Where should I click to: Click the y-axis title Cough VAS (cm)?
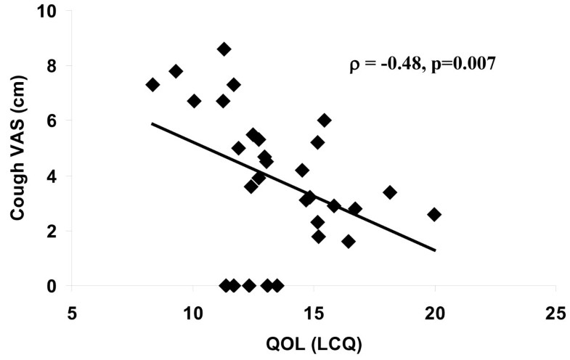tap(16, 150)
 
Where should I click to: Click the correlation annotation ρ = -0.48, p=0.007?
tap(423, 65)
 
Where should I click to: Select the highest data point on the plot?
tap(224, 49)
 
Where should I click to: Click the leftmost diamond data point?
tap(152, 85)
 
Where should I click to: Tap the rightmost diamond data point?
tap(434, 214)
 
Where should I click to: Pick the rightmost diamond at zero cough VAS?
tap(277, 286)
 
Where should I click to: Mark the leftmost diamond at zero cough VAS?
tap(225, 286)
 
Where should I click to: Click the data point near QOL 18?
tap(390, 192)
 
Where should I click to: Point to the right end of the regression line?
tap(436, 250)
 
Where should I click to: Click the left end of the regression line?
tap(152, 124)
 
